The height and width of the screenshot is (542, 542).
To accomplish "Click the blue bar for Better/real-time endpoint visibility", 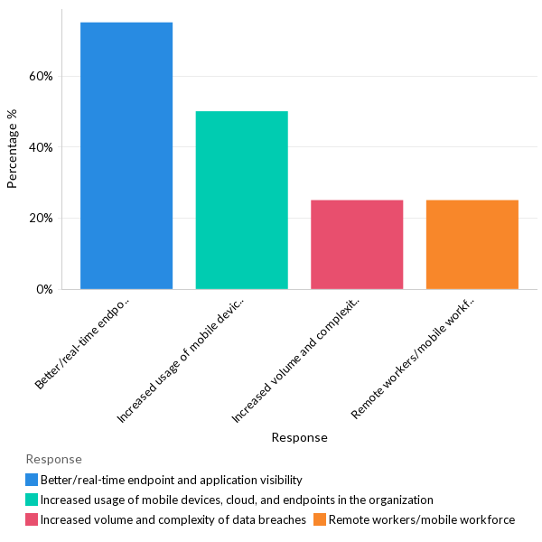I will pos(126,155).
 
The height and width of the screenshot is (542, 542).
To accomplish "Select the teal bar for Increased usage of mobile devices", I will pos(241,200).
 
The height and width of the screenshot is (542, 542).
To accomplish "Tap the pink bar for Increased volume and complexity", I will pos(357,244).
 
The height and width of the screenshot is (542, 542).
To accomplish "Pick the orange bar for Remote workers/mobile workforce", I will pos(472,244).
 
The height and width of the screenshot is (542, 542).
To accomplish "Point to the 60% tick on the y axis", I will pos(41,76).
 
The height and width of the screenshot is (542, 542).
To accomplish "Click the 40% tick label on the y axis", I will pos(41,147).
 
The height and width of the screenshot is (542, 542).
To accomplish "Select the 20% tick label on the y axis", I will pos(41,219).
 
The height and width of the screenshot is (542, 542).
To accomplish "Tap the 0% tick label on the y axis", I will pos(44,290).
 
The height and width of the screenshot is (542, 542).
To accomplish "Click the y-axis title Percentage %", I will pos(13,149).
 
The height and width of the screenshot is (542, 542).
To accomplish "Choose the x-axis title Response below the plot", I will pos(299,437).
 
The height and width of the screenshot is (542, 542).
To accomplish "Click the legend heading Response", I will pos(53,459).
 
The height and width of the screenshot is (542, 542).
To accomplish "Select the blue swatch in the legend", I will pos(32,480).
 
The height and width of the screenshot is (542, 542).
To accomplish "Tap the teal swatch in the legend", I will pos(32,500).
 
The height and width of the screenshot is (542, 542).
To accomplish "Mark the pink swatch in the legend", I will pos(32,519).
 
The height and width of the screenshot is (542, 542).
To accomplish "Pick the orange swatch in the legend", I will pos(320,519).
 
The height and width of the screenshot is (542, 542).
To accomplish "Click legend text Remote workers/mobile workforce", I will pos(421,519).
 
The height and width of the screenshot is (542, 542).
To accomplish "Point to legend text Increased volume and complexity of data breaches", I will pos(173,519).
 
